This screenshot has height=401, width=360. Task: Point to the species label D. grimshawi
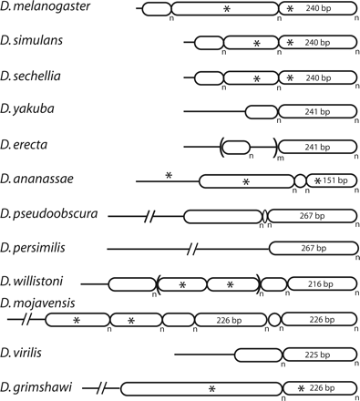coord(36,386)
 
